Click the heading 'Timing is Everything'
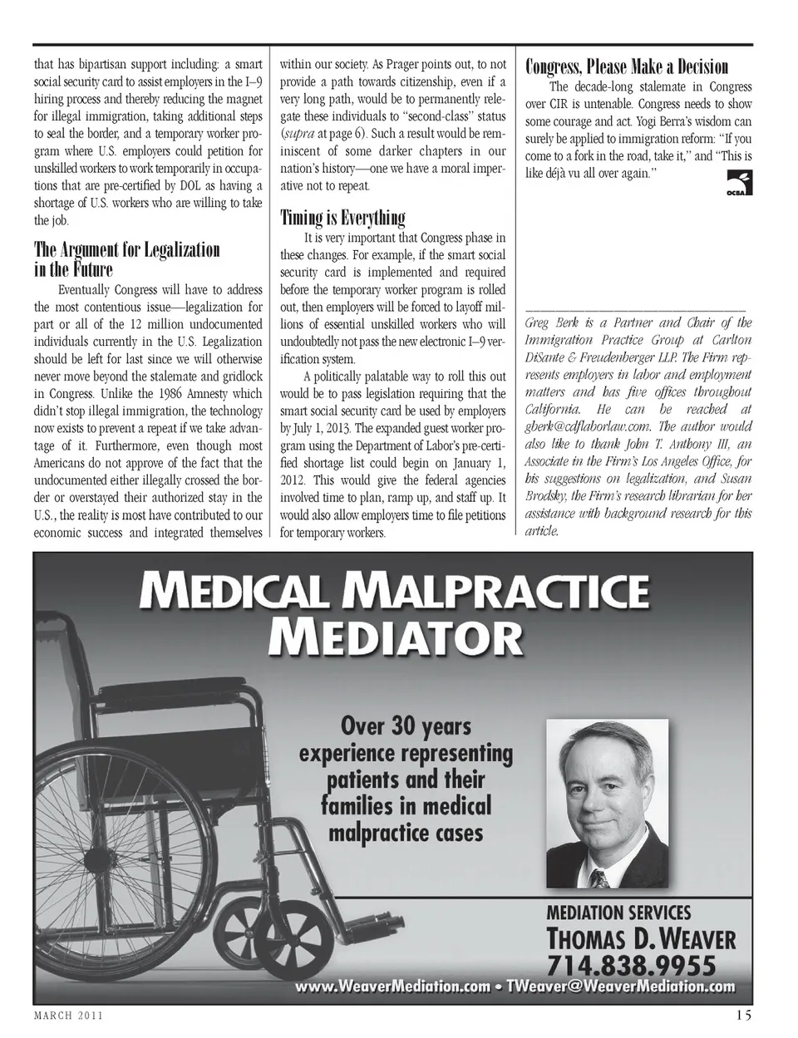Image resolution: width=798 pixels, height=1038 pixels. (342, 219)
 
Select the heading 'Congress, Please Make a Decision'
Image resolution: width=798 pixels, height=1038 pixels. (627, 66)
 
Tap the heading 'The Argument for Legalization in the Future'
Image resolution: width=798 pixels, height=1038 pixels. (126, 259)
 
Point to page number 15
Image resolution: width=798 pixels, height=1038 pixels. (744, 1016)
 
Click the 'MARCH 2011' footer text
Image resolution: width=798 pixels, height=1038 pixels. (68, 1016)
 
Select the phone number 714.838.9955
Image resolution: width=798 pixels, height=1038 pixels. (630, 966)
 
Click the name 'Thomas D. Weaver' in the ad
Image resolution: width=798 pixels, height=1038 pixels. (640, 939)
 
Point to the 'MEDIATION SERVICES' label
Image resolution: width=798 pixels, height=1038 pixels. (618, 913)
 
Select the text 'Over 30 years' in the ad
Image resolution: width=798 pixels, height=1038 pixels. (406, 726)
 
